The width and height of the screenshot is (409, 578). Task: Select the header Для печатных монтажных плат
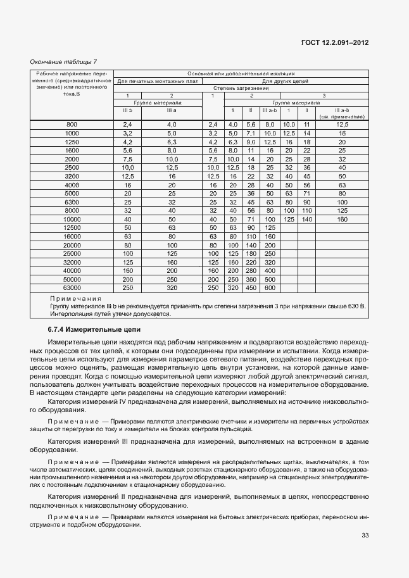[158, 81]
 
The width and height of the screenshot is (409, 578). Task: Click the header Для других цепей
[285, 81]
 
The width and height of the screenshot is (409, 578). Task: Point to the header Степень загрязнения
[241, 88]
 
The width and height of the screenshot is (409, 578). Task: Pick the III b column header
[127, 110]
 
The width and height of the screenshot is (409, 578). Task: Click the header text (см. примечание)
[343, 116]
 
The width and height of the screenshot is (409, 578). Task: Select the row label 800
[72, 125]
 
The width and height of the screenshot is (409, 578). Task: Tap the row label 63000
[72, 287]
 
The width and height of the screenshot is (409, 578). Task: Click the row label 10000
[72, 219]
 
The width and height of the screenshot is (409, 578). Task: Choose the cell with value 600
[270, 287]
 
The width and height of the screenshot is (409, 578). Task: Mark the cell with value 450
[251, 287]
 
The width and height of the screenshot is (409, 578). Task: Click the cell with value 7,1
[251, 134]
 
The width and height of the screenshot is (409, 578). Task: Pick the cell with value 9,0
[251, 142]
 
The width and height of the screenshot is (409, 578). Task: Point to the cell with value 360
[251, 279]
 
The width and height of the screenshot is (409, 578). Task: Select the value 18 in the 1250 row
[306, 142]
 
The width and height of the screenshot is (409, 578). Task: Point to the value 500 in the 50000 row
[270, 279]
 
